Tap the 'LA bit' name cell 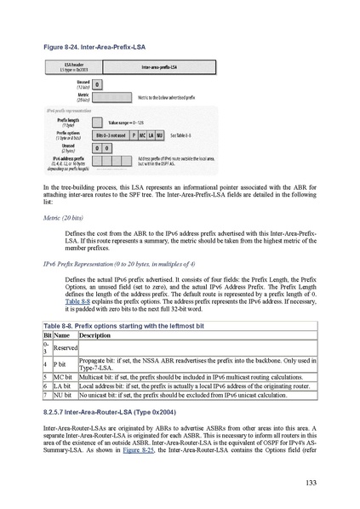click(x=63, y=386)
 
